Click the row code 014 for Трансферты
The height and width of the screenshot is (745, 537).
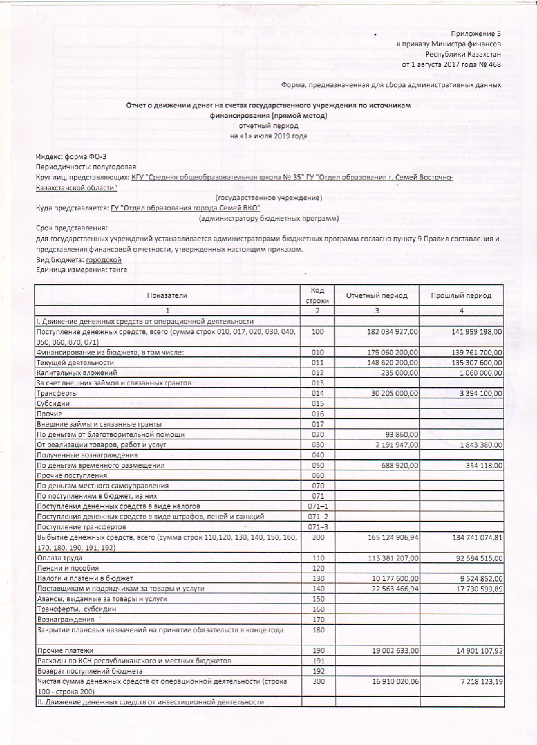coord(317,393)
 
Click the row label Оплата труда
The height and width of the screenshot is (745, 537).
coord(59,558)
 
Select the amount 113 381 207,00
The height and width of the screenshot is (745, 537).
coord(392,558)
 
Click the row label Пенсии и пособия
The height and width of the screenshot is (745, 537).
coord(68,568)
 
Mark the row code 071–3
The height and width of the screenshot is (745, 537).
coord(318,527)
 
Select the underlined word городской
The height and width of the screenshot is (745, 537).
coord(104,260)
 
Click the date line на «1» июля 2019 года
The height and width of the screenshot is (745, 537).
coord(268,136)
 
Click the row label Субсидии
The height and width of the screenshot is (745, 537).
coord(53,403)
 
